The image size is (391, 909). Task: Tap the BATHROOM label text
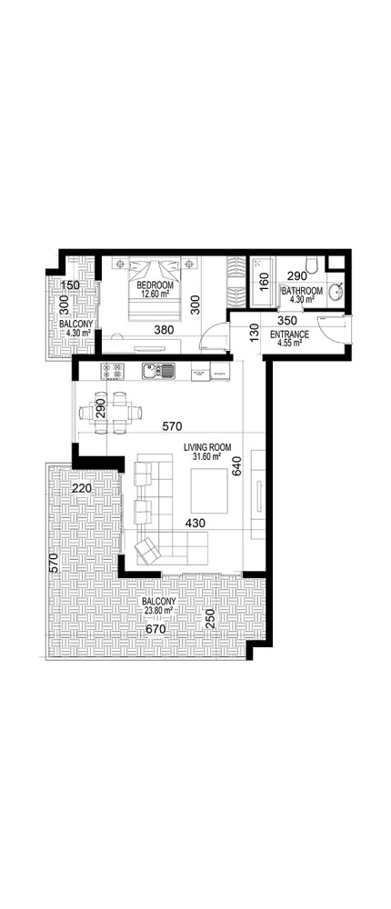click(302, 291)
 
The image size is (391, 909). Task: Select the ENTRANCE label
click(291, 335)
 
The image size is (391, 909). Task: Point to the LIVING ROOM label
click(207, 446)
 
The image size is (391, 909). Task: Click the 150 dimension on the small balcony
click(71, 285)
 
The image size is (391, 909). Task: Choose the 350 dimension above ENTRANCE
click(287, 321)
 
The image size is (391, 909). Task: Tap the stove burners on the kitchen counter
click(113, 370)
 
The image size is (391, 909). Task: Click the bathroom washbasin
click(335, 295)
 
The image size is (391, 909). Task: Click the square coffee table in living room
click(207, 491)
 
